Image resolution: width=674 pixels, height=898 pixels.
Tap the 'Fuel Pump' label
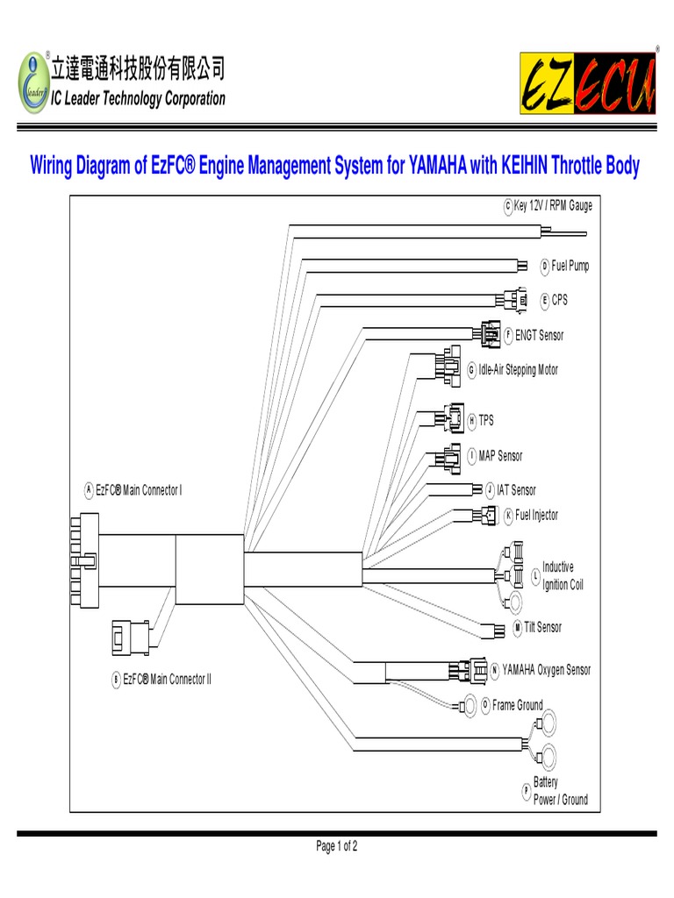click(x=570, y=266)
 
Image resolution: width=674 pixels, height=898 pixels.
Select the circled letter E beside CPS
click(x=544, y=300)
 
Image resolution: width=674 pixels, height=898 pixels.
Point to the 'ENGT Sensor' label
click(x=539, y=335)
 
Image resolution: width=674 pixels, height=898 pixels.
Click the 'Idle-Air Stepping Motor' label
click(x=518, y=370)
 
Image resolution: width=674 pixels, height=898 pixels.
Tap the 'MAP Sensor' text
click(x=500, y=456)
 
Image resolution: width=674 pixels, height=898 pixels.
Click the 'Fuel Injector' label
click(x=536, y=515)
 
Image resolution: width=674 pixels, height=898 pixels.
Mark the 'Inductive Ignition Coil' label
click(x=562, y=576)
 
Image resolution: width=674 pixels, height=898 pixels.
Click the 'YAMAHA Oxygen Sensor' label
click(x=546, y=670)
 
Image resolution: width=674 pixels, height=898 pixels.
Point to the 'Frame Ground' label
click(x=517, y=705)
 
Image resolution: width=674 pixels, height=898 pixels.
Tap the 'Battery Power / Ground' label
click(x=560, y=791)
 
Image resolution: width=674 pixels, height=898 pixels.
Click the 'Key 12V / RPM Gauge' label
click(x=553, y=206)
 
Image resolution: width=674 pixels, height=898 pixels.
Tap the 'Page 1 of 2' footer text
click(x=337, y=846)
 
